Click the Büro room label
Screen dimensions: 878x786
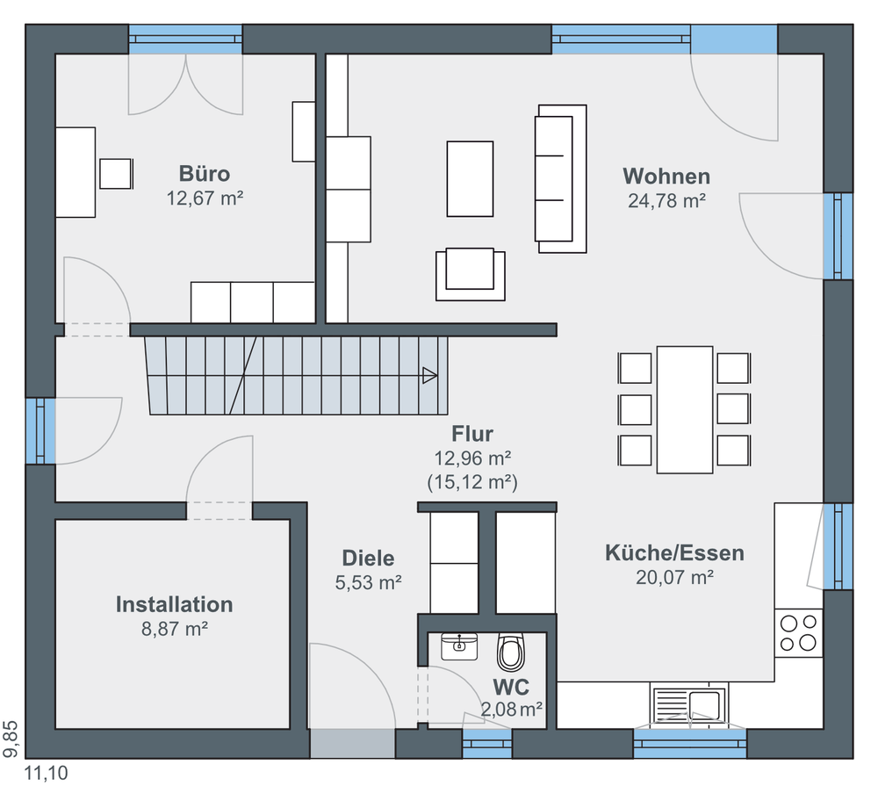coord(205,174)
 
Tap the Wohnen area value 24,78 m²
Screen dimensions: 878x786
coord(666,200)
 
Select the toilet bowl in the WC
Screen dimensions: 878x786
coord(511,653)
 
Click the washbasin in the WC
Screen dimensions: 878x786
coord(459,646)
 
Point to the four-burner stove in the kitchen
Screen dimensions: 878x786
coord(798,632)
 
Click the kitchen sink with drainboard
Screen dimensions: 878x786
coord(689,705)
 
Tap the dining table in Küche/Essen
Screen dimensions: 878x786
coord(684,410)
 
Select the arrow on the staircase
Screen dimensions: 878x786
coord(429,375)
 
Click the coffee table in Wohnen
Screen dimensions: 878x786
coord(470,178)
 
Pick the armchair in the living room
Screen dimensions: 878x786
coord(471,274)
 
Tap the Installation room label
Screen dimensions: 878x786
coord(174,604)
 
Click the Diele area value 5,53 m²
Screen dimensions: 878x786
coord(369,582)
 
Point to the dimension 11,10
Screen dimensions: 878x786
coord(46,773)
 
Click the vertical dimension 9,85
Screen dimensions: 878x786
coord(11,739)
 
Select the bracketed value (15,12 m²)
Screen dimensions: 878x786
coord(472,482)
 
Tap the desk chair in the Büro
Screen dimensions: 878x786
coord(116,174)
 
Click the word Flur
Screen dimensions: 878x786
coord(472,434)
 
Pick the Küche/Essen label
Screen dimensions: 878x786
coord(674,553)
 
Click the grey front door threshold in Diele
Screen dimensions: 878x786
coord(352,744)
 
